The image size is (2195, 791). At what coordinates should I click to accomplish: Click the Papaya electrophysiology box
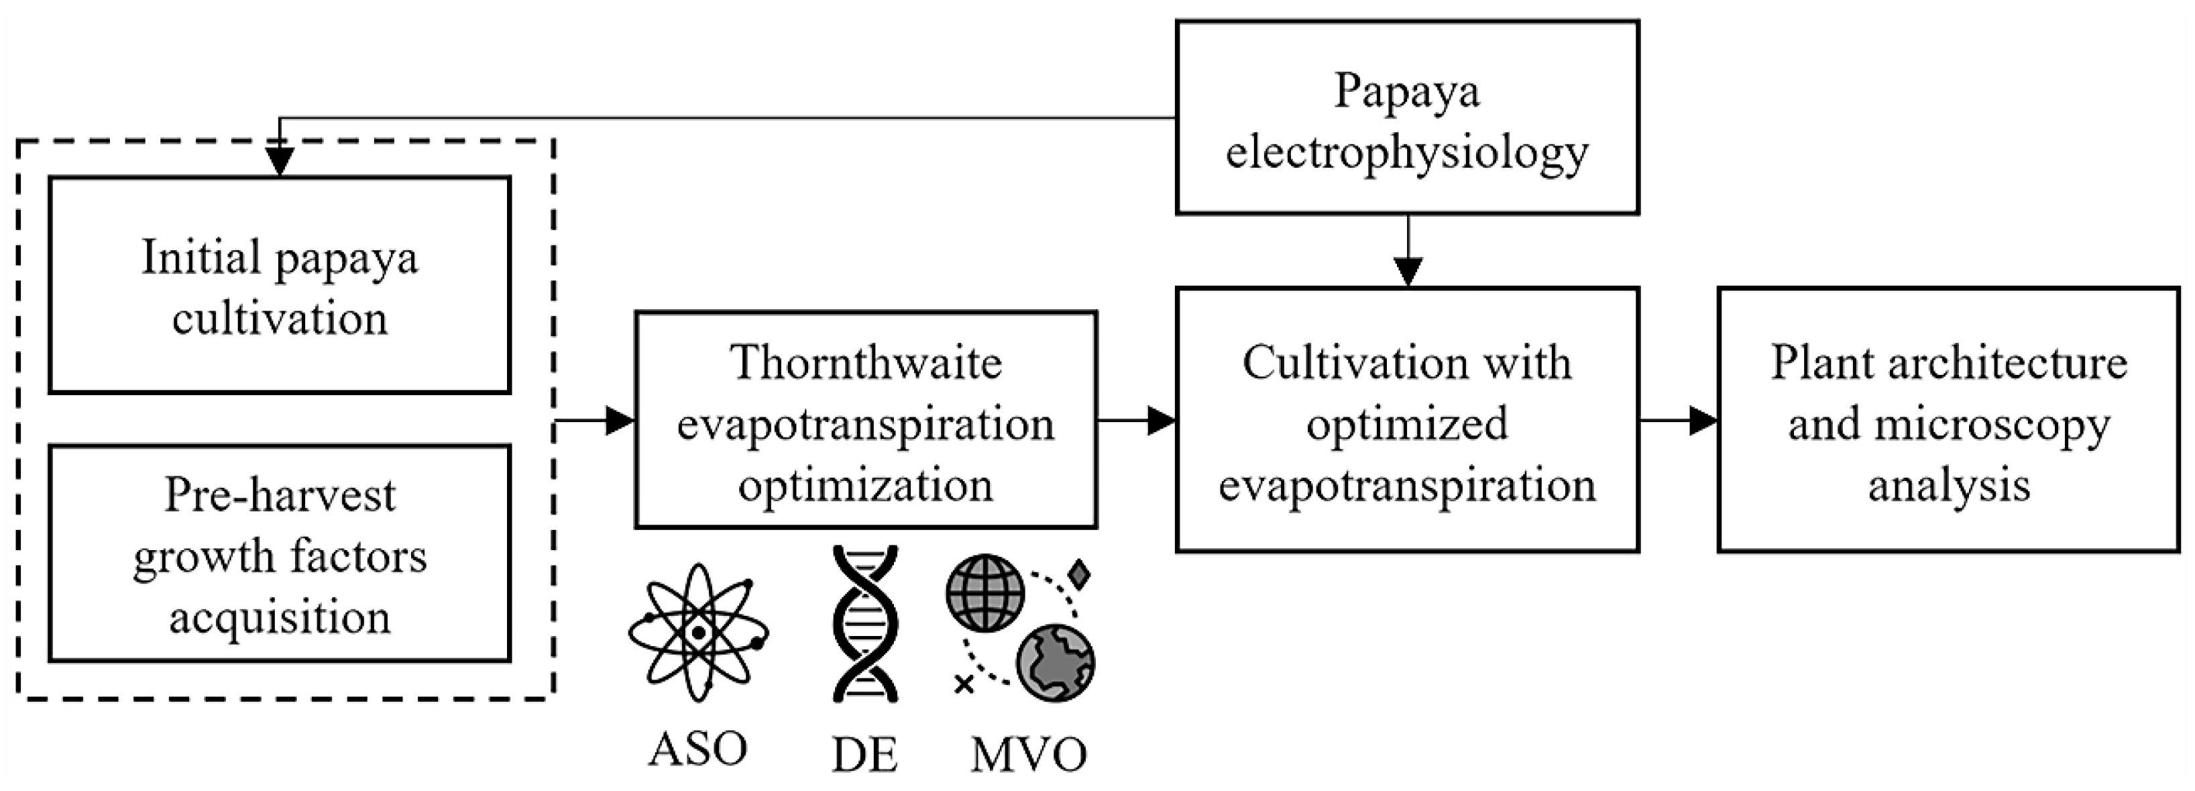click(x=1407, y=117)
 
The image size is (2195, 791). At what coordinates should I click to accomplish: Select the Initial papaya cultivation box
click(x=280, y=284)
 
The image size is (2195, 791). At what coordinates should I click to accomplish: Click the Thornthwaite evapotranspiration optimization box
click(x=866, y=419)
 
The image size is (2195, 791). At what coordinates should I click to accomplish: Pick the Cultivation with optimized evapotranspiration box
click(x=1407, y=419)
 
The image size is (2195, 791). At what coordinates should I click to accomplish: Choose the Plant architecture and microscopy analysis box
click(x=1948, y=419)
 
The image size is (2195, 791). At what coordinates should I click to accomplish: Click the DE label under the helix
click(x=864, y=754)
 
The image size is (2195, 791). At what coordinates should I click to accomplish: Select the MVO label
click(x=1029, y=754)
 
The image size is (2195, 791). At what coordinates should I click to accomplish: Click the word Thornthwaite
click(x=866, y=362)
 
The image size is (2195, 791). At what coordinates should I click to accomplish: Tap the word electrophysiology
click(x=1407, y=152)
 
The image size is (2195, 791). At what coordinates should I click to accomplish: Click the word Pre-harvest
click(x=280, y=494)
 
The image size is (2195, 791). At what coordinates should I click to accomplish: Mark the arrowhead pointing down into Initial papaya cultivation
click(x=280, y=162)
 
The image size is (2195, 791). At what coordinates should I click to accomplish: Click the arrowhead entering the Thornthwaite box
click(x=620, y=420)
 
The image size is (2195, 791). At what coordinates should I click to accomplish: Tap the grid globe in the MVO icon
click(x=985, y=592)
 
